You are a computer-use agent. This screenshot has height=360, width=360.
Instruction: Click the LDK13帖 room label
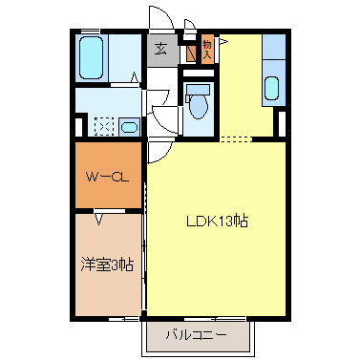pos(218,221)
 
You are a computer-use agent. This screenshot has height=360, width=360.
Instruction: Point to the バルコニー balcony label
pos(196,335)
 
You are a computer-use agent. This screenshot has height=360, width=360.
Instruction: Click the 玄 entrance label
pos(160,51)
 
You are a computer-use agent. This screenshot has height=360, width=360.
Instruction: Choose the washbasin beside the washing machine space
pos(132,126)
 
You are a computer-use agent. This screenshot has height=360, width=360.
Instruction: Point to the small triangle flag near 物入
pos(222,43)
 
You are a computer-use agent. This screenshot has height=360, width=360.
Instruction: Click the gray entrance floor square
pos(160,51)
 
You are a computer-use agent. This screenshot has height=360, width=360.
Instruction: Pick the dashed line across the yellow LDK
pos(237,139)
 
